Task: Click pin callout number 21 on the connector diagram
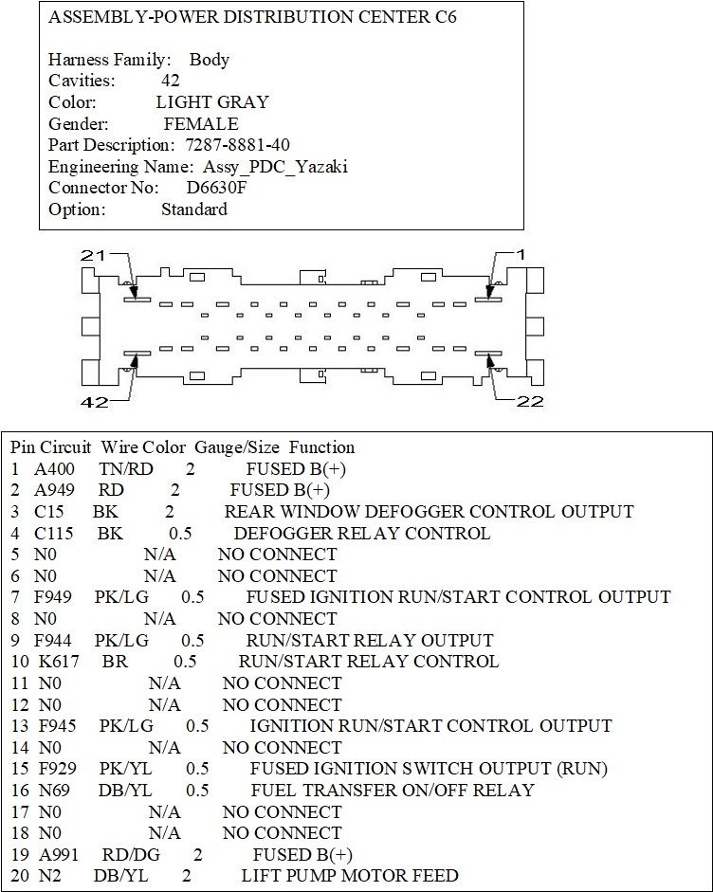coord(94,255)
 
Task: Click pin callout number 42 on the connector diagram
coord(94,401)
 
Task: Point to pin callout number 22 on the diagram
coord(530,401)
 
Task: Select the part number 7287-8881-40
coord(238,145)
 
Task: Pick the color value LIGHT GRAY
coord(212,102)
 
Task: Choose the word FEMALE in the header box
coord(201,124)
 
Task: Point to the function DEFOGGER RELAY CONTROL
coord(361,533)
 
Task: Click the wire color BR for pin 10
coord(115,662)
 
